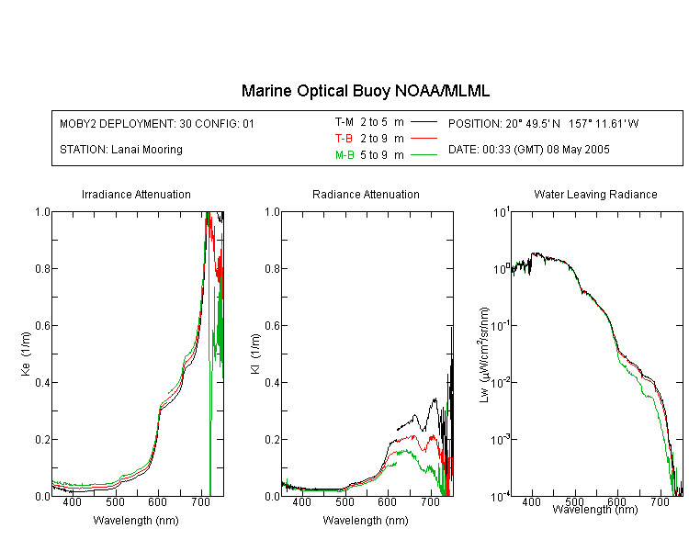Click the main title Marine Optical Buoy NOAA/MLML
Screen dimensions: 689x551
[x=365, y=91]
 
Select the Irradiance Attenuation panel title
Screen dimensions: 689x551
[x=136, y=194]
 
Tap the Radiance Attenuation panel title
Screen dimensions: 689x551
[x=366, y=194]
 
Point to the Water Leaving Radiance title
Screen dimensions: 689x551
[x=595, y=194]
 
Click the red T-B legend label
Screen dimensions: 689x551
[x=344, y=139]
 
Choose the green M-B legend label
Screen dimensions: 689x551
[x=344, y=155]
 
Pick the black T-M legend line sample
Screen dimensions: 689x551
[x=424, y=122]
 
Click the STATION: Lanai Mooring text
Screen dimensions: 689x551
[x=121, y=150]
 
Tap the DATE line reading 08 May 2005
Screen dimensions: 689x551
[x=528, y=150]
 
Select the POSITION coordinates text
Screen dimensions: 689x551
[x=544, y=123]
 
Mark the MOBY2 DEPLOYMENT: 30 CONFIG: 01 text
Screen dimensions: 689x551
[x=157, y=123]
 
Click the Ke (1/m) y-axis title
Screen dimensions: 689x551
[x=26, y=354]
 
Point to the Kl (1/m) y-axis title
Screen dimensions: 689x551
[x=255, y=354]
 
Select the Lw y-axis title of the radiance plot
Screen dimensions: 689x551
[x=483, y=354]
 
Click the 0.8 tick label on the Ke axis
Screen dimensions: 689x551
[x=42, y=268]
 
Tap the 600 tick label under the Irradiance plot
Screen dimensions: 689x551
[x=157, y=501]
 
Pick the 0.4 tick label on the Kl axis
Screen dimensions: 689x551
[x=272, y=382]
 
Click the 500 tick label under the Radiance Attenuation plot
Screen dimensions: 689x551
[x=344, y=501]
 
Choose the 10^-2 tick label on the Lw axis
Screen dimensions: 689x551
[x=501, y=382]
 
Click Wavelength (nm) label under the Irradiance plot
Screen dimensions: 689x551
[x=136, y=521]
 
